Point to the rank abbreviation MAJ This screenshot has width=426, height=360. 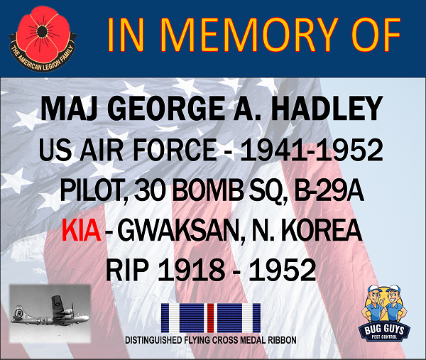70,109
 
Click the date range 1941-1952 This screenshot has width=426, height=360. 312,150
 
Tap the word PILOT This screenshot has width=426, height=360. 92,190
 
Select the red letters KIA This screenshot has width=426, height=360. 81,230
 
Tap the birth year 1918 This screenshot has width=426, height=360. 191,270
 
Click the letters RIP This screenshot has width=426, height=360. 127,270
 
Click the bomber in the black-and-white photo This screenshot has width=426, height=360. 50,312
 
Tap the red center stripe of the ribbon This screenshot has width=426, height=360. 211,318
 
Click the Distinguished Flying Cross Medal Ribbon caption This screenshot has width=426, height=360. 211,340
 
